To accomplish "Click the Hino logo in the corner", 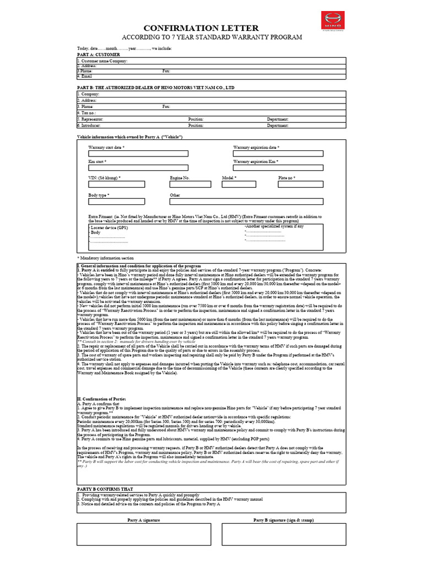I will [x=332, y=21].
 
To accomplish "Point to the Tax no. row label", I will [x=87, y=113].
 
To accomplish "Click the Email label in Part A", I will [x=83, y=76].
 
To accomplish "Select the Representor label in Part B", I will [x=90, y=119].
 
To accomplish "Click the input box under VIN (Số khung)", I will [x=116, y=185].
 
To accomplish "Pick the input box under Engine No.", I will [x=187, y=185].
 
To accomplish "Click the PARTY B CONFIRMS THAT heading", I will [x=105, y=489].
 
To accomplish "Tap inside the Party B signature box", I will [x=283, y=533].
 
